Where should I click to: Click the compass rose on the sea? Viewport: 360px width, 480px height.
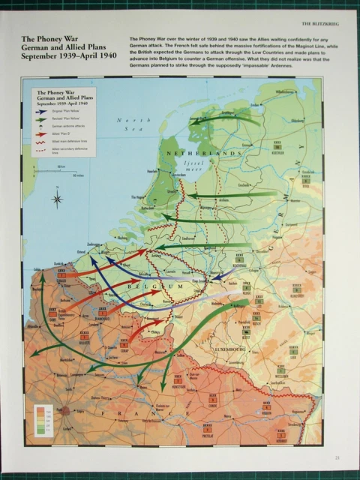(58, 199)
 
